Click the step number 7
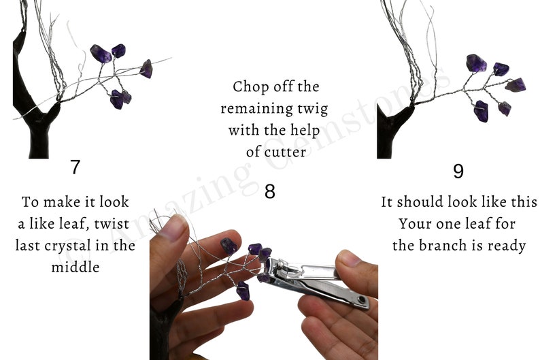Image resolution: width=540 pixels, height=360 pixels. click(x=75, y=167)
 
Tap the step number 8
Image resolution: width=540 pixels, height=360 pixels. click(x=270, y=191)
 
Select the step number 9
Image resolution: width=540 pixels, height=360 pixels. click(x=458, y=171)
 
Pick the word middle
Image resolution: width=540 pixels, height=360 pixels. click(x=75, y=267)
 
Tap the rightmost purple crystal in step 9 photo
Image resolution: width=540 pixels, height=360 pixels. click(x=516, y=85)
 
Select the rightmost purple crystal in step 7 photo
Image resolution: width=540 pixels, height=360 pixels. click(x=146, y=68)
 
